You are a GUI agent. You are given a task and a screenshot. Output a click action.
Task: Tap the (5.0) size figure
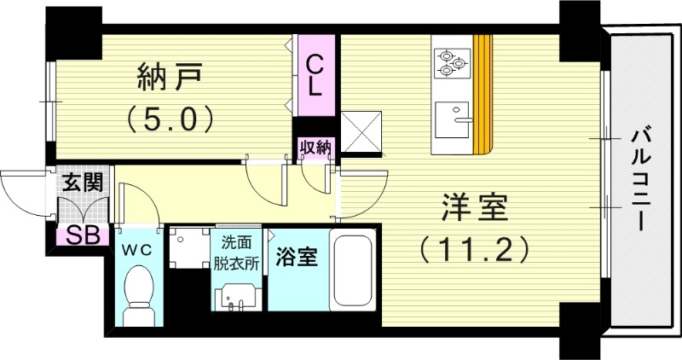tap(170, 118)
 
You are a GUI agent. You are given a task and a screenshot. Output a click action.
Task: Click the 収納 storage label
tap(315, 148)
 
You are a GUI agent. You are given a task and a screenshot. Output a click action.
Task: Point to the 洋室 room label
tap(474, 208)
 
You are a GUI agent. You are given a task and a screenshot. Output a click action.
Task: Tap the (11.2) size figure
tap(474, 248)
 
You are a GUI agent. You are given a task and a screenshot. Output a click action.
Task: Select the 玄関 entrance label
tap(83, 182)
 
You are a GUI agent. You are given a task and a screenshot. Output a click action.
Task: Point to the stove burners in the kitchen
tap(453, 61)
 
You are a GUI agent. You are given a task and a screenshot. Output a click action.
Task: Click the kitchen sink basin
tap(452, 119)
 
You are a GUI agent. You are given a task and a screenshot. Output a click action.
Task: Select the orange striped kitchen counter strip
tap(483, 94)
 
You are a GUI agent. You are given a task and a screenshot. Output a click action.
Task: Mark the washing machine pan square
tap(188, 247)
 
